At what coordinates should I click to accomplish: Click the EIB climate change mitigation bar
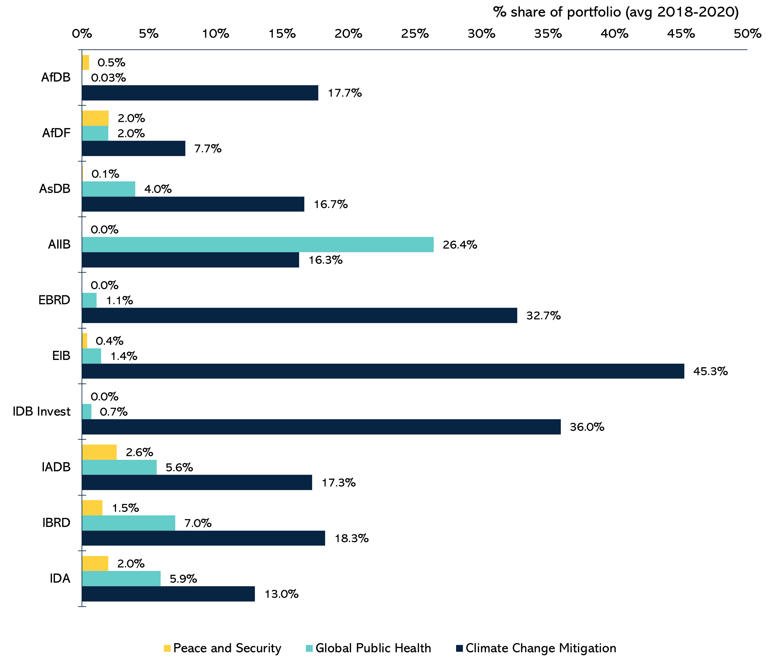(x=383, y=371)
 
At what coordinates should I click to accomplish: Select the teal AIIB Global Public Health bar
(x=257, y=244)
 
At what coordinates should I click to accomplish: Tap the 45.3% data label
(x=710, y=371)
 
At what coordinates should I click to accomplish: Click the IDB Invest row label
(x=42, y=411)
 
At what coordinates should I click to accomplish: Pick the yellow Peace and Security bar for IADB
(x=99, y=452)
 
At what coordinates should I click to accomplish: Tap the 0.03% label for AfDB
(x=109, y=78)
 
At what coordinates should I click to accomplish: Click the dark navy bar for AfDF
(x=133, y=148)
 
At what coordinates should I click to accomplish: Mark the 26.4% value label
(x=460, y=245)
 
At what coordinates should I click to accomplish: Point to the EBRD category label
(x=54, y=300)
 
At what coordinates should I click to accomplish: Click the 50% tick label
(x=747, y=34)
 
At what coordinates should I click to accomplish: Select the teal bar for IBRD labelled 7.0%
(x=128, y=523)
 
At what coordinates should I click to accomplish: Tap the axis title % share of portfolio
(x=616, y=12)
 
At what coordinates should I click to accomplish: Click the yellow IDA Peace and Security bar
(x=95, y=563)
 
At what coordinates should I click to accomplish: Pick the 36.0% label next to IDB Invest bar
(x=587, y=427)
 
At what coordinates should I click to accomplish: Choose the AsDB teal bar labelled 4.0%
(x=109, y=189)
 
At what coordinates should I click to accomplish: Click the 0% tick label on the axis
(x=82, y=34)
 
